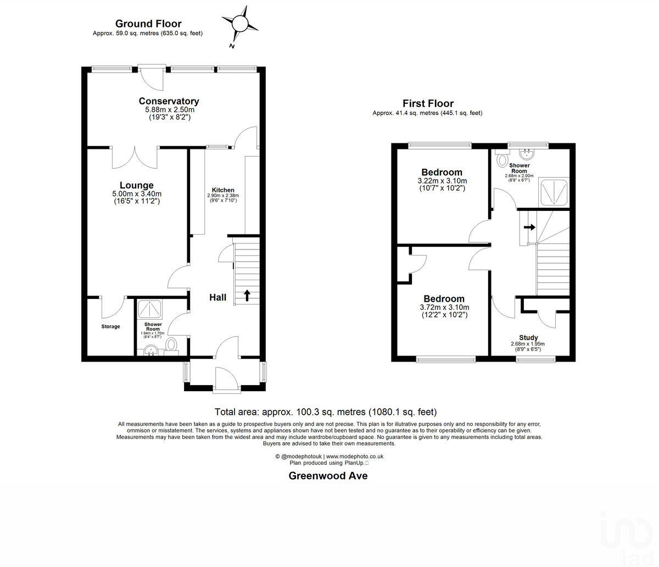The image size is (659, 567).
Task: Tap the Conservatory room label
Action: coord(169,101)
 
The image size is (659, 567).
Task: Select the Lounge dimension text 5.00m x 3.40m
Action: coord(137,194)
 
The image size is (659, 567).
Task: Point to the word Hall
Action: coord(217,298)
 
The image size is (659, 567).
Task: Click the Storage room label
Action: coord(110,327)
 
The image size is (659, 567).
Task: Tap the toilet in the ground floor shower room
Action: coord(172,345)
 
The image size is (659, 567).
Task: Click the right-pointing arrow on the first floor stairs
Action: coord(529,226)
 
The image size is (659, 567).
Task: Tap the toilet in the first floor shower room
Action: coord(501,160)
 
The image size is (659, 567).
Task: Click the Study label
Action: coord(528,337)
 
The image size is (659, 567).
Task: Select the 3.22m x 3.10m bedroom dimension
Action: coord(442,181)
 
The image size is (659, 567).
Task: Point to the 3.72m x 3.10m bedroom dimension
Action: coord(444,308)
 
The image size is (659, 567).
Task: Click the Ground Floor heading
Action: coord(148,24)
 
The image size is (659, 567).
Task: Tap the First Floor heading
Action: coord(428,103)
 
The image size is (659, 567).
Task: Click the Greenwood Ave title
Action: coord(328,476)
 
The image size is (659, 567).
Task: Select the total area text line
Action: coord(326,412)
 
